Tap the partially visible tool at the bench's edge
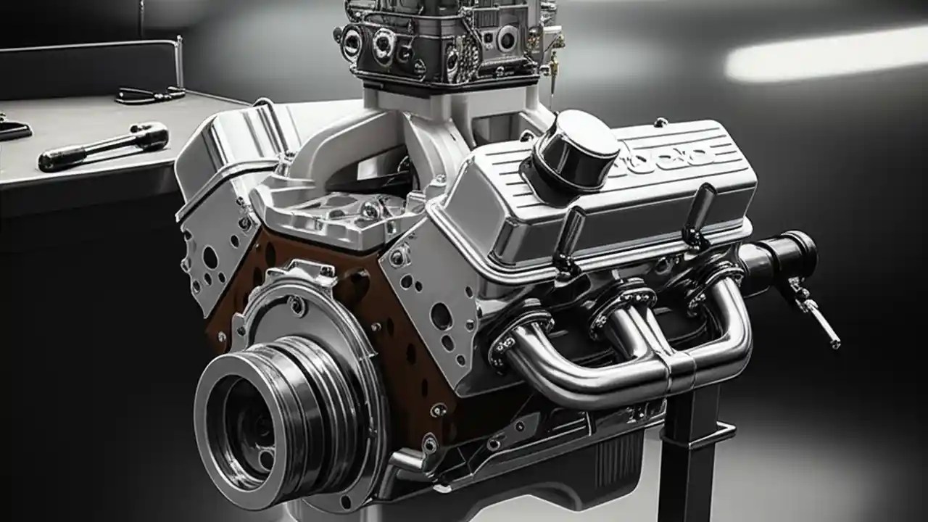[x=13, y=129]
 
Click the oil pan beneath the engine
[x=565, y=464]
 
